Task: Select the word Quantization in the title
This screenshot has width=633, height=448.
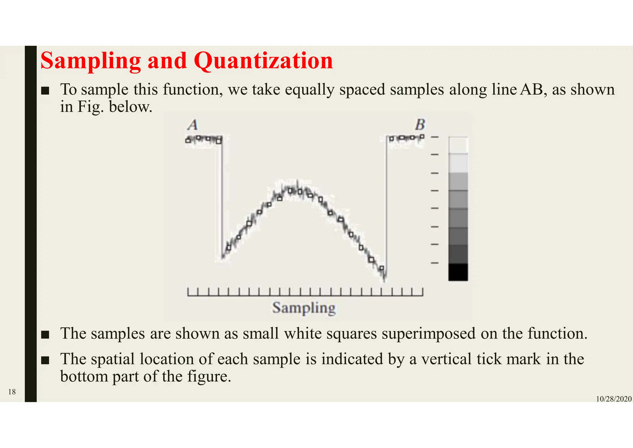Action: tap(263, 61)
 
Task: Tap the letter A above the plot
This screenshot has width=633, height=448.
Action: tap(193, 125)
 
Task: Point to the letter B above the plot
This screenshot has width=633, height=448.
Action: tap(420, 125)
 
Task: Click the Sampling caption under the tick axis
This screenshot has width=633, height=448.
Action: tap(304, 308)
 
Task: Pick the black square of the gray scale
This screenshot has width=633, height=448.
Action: tap(458, 272)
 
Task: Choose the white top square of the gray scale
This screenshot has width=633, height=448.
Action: tap(458, 145)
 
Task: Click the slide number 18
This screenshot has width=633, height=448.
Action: tap(12, 392)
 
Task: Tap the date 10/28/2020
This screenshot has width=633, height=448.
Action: tap(614, 399)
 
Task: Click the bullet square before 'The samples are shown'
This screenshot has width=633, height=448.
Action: tap(45, 335)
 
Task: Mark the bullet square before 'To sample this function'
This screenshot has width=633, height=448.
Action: tap(45, 91)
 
